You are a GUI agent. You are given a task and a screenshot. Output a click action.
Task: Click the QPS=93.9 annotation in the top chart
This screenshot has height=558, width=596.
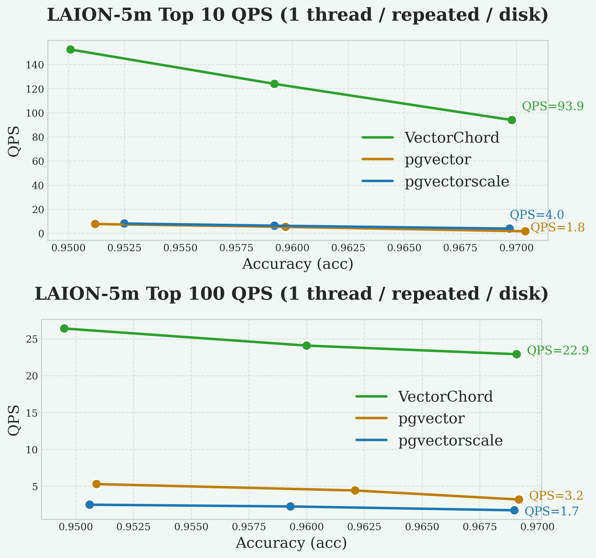(x=553, y=106)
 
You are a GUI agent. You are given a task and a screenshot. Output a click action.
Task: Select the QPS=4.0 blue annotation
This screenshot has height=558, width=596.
(x=537, y=215)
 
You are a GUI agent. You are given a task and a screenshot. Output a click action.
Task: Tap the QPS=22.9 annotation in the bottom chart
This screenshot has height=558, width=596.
(x=558, y=350)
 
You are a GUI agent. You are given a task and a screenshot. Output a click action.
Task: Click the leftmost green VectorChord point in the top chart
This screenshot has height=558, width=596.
(x=71, y=50)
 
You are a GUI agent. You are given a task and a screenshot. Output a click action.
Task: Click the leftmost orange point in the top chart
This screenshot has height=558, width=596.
(x=95, y=224)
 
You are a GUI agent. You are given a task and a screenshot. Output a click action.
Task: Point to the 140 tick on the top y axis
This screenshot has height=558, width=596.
(x=35, y=65)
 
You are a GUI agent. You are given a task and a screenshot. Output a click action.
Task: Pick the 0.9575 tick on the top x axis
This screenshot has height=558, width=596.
(x=236, y=248)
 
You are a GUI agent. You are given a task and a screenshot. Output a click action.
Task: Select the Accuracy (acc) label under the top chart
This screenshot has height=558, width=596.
(x=298, y=264)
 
